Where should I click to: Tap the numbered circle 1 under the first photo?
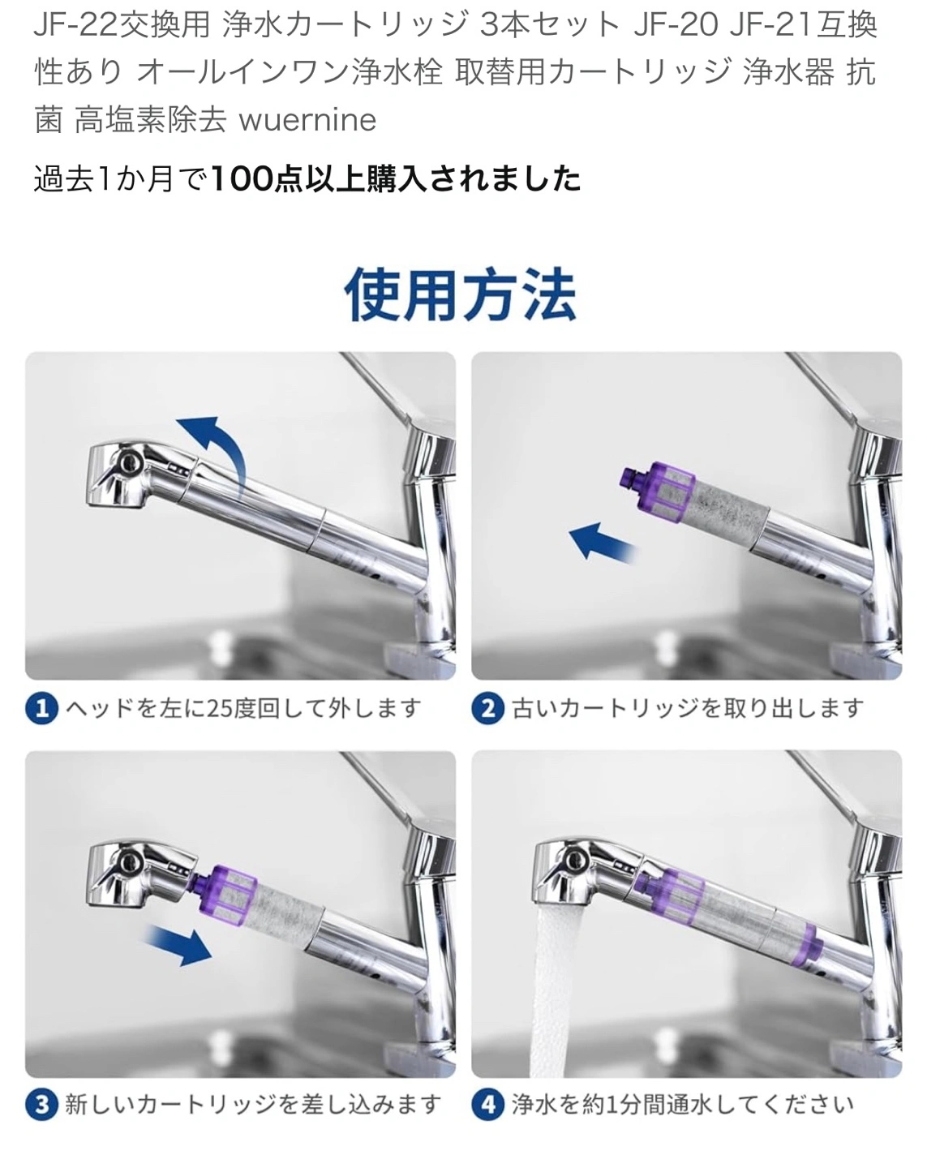coord(42,708)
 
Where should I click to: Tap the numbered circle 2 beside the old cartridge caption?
coord(488,708)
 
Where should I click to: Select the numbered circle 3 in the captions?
coord(42,1105)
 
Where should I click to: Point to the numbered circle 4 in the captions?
coord(488,1105)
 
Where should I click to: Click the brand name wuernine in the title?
coord(307,119)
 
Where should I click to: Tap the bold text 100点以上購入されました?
coord(395,178)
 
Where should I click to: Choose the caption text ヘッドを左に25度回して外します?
coord(243,708)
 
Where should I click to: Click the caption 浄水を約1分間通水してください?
coord(682,1105)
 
